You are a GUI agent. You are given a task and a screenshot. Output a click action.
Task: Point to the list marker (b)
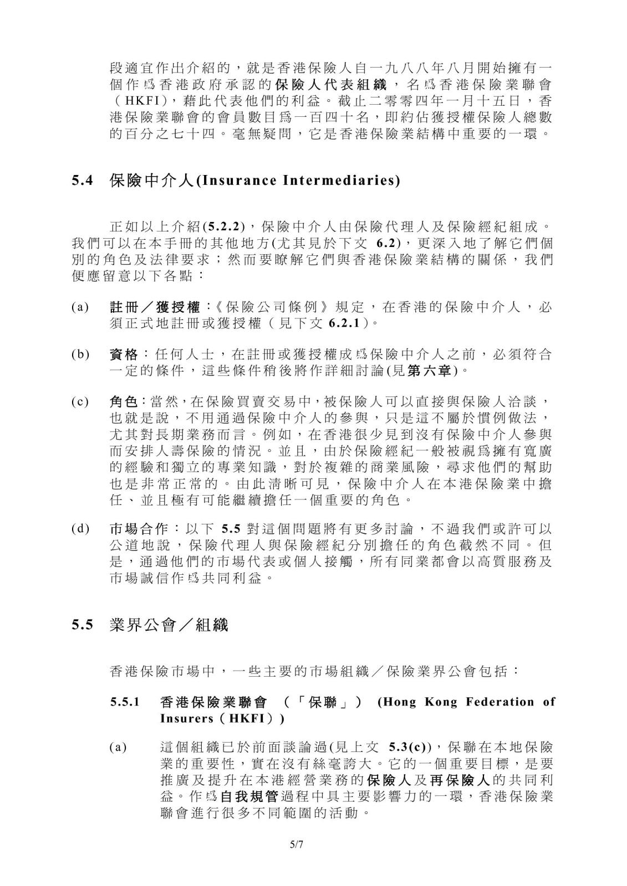tap(79, 355)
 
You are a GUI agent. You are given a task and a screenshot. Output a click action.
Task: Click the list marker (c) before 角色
tap(79, 401)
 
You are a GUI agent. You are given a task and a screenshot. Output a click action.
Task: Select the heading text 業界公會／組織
tap(169, 626)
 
